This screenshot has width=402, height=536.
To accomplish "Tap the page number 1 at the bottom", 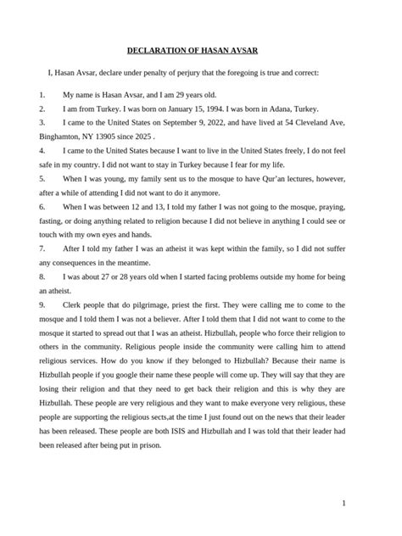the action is pyautogui.click(x=343, y=503).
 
